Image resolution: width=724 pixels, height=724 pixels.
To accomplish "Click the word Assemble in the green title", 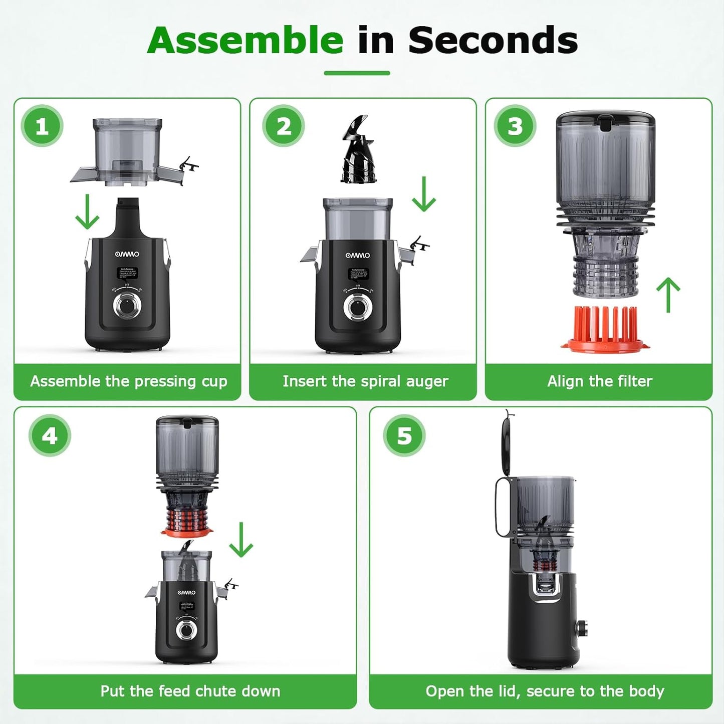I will [245, 41].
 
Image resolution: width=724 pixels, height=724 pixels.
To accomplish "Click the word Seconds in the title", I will [493, 41].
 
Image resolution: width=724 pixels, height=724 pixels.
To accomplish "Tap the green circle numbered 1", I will [42, 126].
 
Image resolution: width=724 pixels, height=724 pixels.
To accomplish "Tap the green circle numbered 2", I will [284, 126].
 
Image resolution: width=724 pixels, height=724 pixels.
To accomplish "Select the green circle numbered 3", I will [515, 126].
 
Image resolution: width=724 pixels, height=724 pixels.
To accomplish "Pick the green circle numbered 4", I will [50, 435].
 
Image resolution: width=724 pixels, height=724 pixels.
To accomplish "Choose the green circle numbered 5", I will [404, 435].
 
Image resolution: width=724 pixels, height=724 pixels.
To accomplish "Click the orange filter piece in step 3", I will [605, 328].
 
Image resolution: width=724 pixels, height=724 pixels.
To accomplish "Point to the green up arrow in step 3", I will [668, 295].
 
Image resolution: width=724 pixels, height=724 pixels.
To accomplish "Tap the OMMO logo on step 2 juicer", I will [358, 256].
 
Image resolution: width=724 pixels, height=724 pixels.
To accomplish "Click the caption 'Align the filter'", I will [599, 381].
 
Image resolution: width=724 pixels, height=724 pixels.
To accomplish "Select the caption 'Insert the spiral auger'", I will [365, 381].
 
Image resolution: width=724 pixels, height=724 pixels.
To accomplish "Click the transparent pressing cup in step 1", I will [128, 150].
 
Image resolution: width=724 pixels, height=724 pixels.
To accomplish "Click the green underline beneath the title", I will [357, 73].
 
